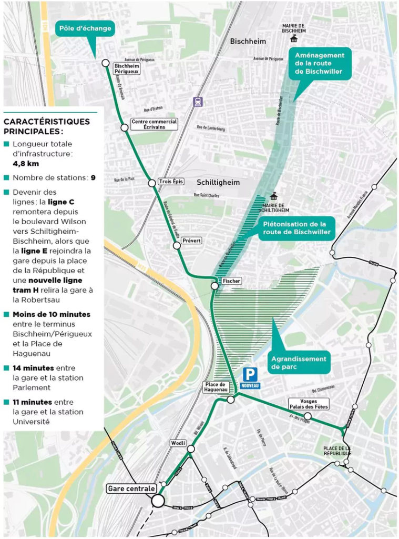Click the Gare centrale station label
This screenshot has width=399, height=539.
click(x=131, y=488)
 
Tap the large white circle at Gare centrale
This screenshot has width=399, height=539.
click(x=158, y=500)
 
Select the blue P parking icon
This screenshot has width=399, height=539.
click(x=250, y=375)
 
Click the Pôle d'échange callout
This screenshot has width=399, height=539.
click(x=84, y=28)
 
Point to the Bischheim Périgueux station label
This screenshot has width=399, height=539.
click(x=127, y=68)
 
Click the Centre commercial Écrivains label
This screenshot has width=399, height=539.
click(x=154, y=124)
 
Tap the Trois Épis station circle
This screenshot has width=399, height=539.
click(x=152, y=183)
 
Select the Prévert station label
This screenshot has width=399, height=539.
click(x=191, y=241)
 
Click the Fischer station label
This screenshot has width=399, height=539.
click(x=231, y=281)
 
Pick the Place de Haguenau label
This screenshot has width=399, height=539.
click(x=216, y=387)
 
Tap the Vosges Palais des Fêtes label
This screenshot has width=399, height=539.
click(x=309, y=404)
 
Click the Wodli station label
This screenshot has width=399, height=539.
click(x=178, y=443)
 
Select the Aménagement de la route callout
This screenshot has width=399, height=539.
click(x=319, y=63)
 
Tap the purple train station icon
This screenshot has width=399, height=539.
click(x=198, y=102)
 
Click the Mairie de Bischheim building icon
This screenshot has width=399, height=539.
click(x=293, y=39)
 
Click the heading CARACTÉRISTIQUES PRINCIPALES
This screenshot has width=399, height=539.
click(x=46, y=126)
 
